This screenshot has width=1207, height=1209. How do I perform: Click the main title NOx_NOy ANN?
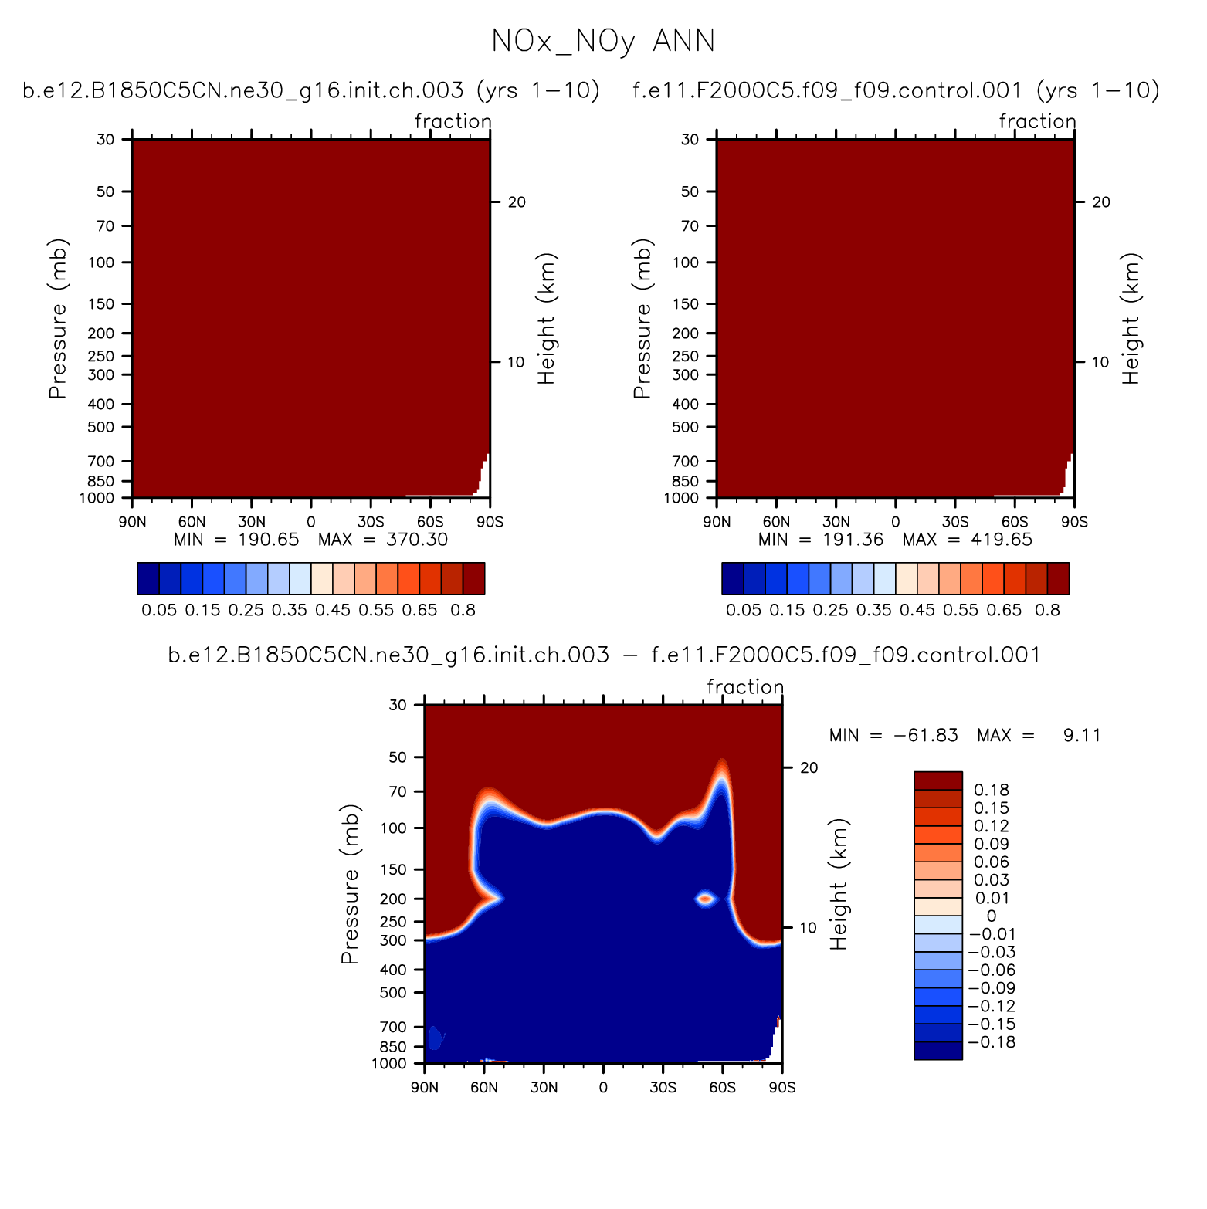[x=603, y=42]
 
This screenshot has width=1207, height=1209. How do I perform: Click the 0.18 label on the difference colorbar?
[x=992, y=790]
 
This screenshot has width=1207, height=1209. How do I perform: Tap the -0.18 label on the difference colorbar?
[x=992, y=1042]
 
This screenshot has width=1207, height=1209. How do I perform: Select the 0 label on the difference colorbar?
[x=992, y=916]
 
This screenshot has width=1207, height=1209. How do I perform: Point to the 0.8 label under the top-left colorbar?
[x=463, y=610]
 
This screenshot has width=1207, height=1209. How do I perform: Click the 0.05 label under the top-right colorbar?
[x=744, y=610]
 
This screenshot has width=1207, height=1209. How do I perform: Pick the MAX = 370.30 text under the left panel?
[x=383, y=540]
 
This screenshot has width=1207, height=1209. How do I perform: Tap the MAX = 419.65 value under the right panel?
[x=968, y=540]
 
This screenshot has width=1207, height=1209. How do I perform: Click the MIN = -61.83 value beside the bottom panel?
[x=893, y=735]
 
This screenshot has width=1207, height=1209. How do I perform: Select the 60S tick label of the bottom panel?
[x=723, y=1088]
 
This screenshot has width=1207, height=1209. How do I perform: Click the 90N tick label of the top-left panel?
[x=132, y=522]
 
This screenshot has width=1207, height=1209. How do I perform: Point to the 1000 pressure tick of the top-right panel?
[x=680, y=498]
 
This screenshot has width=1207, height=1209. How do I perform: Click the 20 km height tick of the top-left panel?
[x=517, y=202]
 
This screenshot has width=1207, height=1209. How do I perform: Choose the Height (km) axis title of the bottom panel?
[x=839, y=884]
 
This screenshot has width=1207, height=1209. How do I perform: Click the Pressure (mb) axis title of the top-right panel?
[x=642, y=318]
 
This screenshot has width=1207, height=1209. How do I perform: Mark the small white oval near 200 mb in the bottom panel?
[x=705, y=898]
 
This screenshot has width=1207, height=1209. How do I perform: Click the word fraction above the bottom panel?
[x=745, y=687]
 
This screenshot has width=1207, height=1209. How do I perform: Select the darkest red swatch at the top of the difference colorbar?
[x=938, y=780]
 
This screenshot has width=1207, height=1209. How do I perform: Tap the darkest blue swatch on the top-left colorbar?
[x=148, y=578]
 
